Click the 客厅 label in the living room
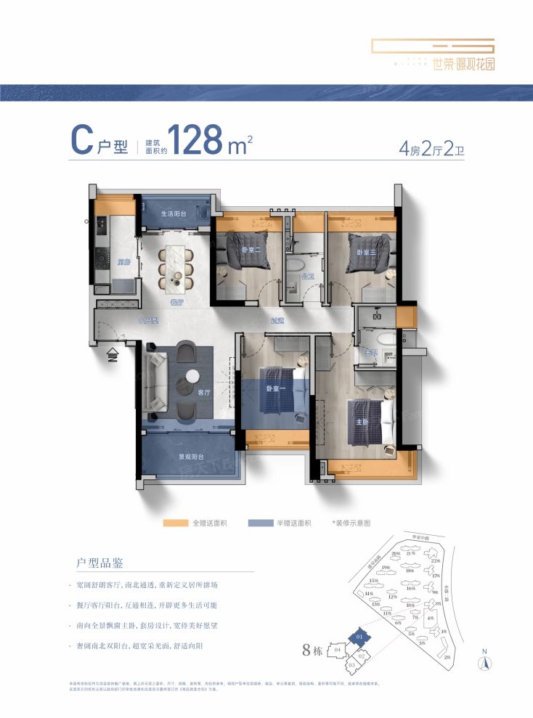pos(204,392)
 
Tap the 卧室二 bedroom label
pos(251,250)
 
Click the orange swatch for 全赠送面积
pos(176,523)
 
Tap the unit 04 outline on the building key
pos(346,650)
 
